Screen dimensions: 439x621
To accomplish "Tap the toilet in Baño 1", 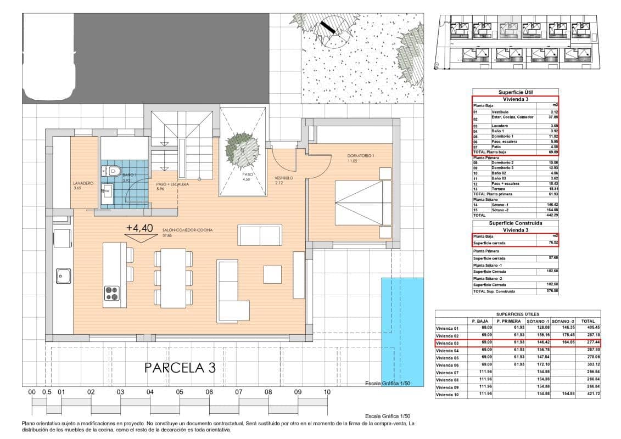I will tap(112, 171).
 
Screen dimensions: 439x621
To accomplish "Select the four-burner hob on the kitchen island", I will tap(113, 294).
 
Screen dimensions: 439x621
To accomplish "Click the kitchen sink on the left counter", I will tap(63, 275).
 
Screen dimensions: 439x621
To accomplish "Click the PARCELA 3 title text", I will tap(180, 368).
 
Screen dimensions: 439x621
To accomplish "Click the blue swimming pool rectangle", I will tap(402, 331).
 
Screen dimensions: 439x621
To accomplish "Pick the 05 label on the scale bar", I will tap(180, 392).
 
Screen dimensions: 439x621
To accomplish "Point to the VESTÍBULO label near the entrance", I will tap(284, 178).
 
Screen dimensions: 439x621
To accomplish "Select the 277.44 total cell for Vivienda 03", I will tap(588, 343).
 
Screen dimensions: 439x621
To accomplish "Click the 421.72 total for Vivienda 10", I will tap(588, 394).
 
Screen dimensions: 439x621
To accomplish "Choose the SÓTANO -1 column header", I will tap(538, 321).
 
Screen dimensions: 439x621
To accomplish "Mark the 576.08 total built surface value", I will tap(551, 291).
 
